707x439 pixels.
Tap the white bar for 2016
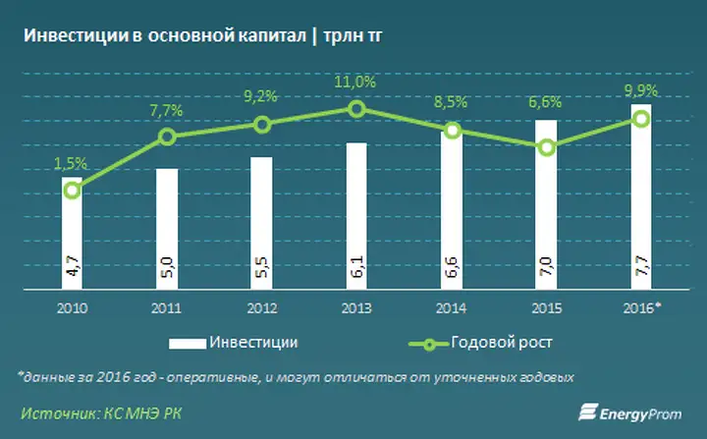[x=642, y=196]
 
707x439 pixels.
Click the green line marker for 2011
[x=167, y=137]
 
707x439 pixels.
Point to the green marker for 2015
[x=547, y=147]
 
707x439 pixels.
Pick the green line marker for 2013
[x=357, y=108]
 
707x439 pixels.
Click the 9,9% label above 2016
[x=640, y=89]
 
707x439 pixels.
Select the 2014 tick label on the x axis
[x=452, y=307]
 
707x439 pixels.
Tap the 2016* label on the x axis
[x=644, y=307]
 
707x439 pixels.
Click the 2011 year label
[x=167, y=307]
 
